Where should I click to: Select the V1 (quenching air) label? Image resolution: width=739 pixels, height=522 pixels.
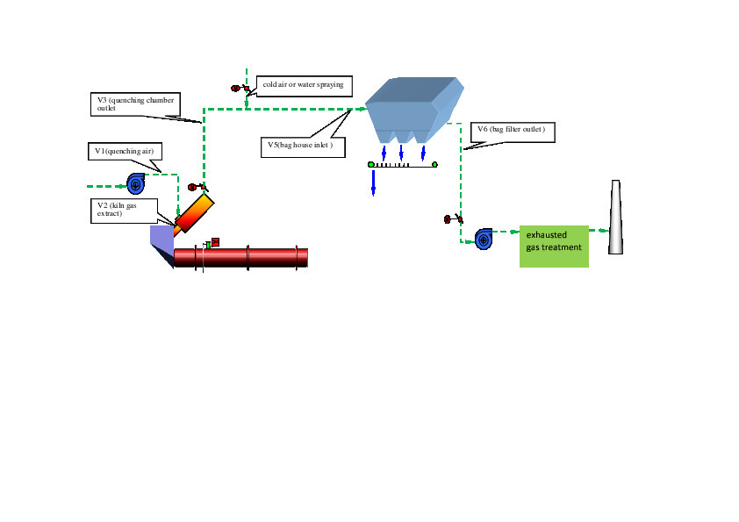(x=124, y=152)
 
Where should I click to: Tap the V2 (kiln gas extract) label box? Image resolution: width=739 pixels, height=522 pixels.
(x=124, y=210)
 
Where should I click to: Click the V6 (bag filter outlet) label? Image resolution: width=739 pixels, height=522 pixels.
(x=513, y=132)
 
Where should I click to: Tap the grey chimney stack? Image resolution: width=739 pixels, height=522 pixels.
(x=615, y=218)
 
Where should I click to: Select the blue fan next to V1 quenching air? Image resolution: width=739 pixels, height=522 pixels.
(x=136, y=183)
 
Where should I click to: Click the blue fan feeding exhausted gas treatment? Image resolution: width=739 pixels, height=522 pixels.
(x=484, y=239)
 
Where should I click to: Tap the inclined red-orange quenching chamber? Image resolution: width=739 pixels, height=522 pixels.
(x=194, y=213)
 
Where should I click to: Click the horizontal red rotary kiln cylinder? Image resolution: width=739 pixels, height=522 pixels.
(x=241, y=257)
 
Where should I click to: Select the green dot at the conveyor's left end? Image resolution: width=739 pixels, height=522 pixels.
(x=371, y=164)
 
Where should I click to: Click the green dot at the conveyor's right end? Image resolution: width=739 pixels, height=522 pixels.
(x=434, y=164)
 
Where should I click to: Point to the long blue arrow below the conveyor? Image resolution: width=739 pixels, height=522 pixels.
(x=373, y=182)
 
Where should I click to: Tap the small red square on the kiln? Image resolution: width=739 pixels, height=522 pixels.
(x=215, y=241)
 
